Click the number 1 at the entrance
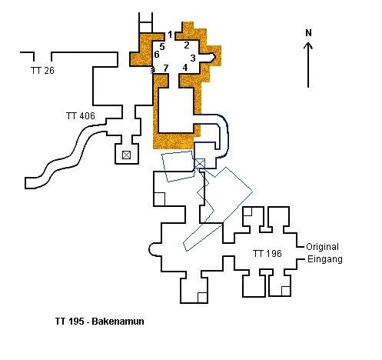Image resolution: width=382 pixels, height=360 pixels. click(x=170, y=35)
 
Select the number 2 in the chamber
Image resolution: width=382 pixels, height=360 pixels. click(x=187, y=45)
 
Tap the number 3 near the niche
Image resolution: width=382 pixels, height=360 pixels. click(x=193, y=58)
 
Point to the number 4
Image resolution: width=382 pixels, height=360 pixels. click(x=185, y=67)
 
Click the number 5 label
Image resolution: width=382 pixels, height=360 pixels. click(x=162, y=47)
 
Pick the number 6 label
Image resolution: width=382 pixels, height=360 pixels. click(x=156, y=55)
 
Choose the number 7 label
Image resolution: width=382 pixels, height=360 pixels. click(x=166, y=68)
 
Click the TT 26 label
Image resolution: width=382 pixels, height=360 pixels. click(x=42, y=71)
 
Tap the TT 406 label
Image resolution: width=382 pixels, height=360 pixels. click(x=81, y=116)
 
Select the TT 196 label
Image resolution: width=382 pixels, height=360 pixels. click(x=267, y=254)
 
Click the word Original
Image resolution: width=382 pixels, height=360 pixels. click(x=323, y=247)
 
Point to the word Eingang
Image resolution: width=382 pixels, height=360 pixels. click(x=325, y=259)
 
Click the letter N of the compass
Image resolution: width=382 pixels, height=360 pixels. click(x=308, y=33)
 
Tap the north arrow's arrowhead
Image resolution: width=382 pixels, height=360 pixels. click(x=308, y=45)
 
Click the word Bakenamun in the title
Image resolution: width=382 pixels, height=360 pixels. click(x=118, y=322)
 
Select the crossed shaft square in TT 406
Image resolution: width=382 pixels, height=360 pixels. click(x=126, y=155)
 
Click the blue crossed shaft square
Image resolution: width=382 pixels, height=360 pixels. click(x=200, y=163)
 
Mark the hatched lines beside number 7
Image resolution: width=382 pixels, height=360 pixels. click(x=153, y=70)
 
